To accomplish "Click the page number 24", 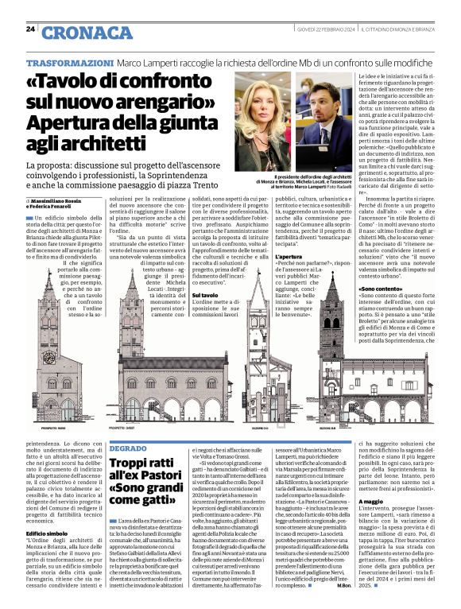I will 31,29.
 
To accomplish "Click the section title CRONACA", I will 87,33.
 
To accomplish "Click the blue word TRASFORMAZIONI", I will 70,63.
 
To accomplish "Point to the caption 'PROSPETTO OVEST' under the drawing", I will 120,427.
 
